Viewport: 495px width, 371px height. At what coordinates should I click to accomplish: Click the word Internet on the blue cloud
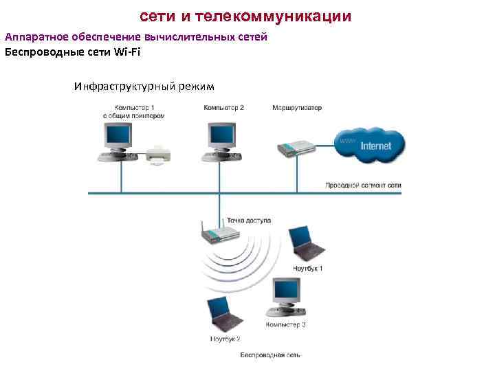click(x=375, y=146)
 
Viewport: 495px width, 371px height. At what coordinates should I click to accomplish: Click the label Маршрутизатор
click(x=297, y=108)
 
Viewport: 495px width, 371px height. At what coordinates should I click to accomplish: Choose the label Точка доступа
click(x=248, y=221)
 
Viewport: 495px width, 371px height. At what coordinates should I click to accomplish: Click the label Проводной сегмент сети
click(x=363, y=185)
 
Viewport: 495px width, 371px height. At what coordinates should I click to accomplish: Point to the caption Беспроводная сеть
click(x=270, y=355)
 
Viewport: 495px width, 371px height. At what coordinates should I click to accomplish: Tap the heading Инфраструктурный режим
click(x=144, y=87)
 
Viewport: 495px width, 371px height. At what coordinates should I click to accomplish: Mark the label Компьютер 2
click(x=224, y=108)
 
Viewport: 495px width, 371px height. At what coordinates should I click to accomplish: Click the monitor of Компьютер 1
click(x=117, y=138)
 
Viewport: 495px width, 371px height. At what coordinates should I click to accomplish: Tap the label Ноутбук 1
click(x=307, y=268)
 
